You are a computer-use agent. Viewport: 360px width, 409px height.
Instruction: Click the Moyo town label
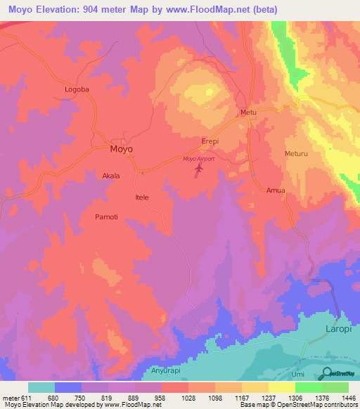tap(121, 150)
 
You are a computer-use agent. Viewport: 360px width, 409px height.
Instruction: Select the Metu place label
tap(248, 112)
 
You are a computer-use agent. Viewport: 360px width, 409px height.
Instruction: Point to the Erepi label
tap(211, 141)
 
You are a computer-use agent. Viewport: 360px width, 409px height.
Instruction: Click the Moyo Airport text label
tap(198, 159)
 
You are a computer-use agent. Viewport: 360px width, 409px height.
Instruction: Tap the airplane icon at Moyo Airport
tap(199, 169)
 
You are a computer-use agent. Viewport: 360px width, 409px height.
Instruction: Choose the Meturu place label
tap(297, 153)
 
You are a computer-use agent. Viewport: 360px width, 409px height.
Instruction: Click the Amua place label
tap(276, 190)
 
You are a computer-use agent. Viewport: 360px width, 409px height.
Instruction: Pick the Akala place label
tap(111, 176)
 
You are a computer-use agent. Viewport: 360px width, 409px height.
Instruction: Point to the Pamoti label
tap(108, 217)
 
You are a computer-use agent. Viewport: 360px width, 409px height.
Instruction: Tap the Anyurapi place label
tap(167, 370)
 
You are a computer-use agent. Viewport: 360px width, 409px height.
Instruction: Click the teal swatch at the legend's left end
tap(41, 387)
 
